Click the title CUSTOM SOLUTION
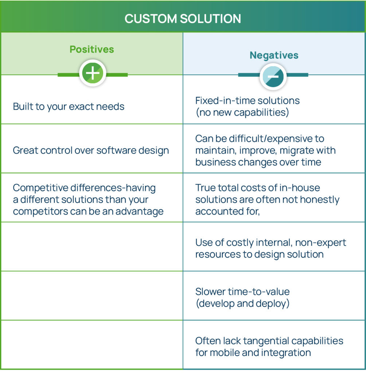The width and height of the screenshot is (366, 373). point(183,19)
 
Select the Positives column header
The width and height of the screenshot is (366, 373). point(91,49)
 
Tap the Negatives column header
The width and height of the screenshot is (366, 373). point(274,55)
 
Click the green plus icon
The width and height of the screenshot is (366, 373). point(93,73)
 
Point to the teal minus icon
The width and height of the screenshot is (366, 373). point(273,76)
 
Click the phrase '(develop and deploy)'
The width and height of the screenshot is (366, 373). point(242,303)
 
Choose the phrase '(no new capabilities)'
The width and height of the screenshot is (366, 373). point(242,113)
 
